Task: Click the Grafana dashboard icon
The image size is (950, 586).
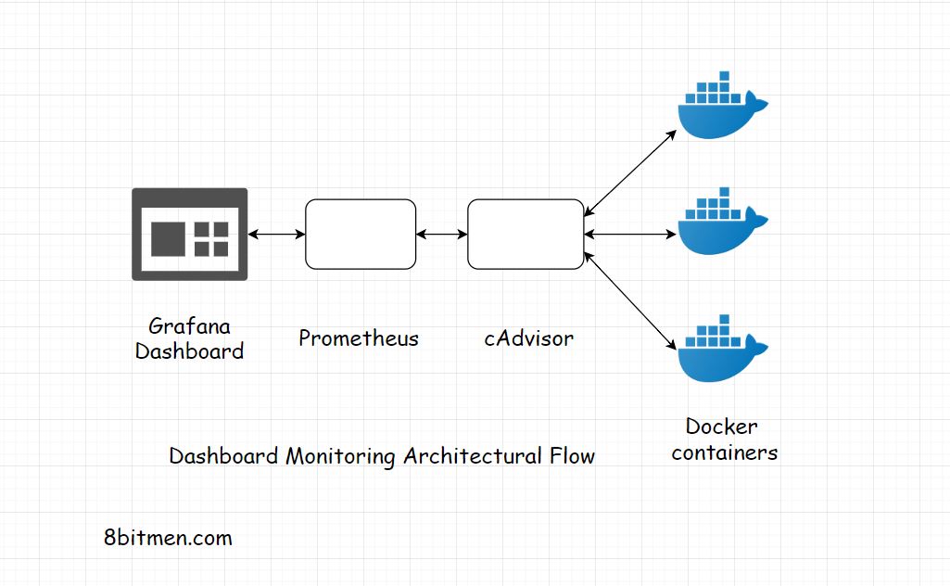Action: tap(189, 234)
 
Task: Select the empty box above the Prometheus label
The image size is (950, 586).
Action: tap(361, 235)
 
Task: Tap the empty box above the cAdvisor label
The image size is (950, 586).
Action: tap(525, 235)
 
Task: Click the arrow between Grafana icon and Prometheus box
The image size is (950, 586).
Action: tap(276, 235)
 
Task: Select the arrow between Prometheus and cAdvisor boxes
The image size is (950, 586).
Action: tap(442, 235)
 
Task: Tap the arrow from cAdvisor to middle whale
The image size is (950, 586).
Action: tap(630, 235)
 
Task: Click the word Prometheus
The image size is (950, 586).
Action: tap(358, 338)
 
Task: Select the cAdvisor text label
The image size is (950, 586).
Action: tap(528, 338)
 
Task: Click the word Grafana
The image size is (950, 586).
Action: tap(189, 326)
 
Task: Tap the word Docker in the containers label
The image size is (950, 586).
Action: tap(721, 427)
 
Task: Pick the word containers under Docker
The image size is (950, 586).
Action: tap(724, 452)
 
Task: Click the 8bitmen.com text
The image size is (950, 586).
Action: tap(168, 538)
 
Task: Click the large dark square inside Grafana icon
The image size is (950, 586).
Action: tap(170, 238)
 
